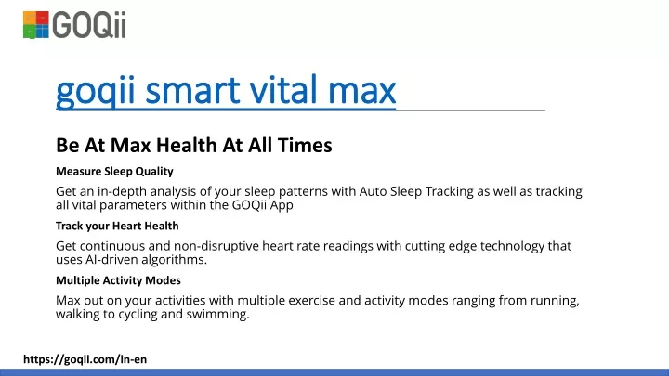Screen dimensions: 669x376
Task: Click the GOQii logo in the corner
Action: click(x=74, y=25)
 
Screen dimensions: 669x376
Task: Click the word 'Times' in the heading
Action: click(x=305, y=146)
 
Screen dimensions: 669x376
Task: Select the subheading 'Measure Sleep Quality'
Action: click(x=114, y=172)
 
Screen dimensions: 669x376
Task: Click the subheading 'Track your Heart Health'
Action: click(x=117, y=226)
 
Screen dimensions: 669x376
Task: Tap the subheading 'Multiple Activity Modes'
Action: click(x=118, y=280)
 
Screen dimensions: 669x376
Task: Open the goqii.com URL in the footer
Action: click(x=85, y=359)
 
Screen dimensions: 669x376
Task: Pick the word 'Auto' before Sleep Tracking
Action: click(x=373, y=191)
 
